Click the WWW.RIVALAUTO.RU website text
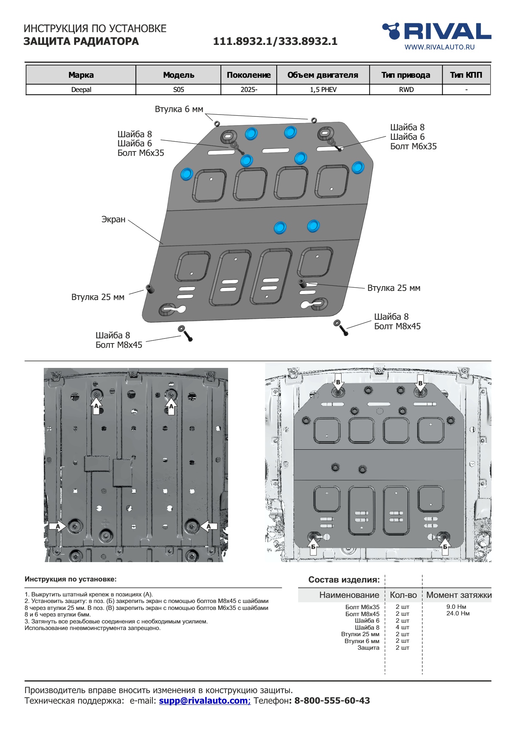click(439, 47)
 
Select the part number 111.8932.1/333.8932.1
click(275, 41)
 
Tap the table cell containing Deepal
click(81, 90)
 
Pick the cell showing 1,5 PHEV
click(323, 90)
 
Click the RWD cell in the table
click(406, 90)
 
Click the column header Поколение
click(249, 75)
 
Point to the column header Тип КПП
click(466, 75)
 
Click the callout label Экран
click(113, 219)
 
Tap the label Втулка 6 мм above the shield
click(179, 109)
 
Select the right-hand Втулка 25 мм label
click(394, 288)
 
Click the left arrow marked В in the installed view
click(338, 382)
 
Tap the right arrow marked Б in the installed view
click(445, 547)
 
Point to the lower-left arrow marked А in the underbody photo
click(58, 526)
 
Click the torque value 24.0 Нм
click(458, 613)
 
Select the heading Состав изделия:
click(344, 580)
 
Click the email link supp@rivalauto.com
click(204, 700)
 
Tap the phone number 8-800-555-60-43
click(332, 700)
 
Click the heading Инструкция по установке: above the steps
click(70, 579)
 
